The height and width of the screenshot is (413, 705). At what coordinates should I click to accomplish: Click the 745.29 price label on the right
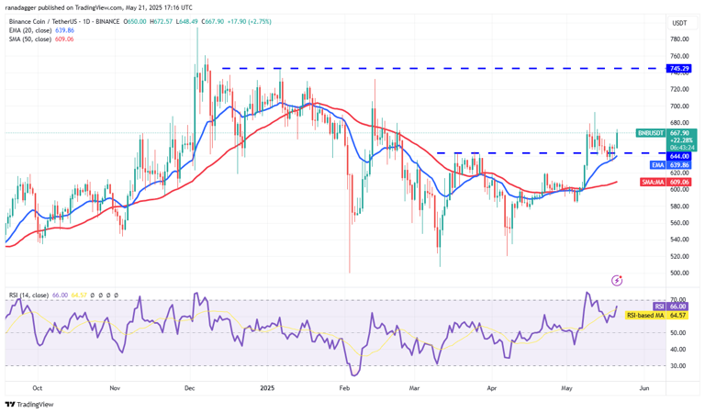pos(679,69)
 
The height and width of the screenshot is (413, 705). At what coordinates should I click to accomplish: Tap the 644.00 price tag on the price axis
pos(679,156)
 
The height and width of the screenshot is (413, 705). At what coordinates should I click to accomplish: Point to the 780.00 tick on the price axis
pos(679,39)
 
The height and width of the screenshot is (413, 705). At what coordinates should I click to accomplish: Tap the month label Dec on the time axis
pos(190,388)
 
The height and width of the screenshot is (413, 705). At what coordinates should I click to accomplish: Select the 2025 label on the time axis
pos(267,388)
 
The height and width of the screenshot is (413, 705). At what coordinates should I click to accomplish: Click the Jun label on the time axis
pos(643,388)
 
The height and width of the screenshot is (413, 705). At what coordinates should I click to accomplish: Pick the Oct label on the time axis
pos(37,388)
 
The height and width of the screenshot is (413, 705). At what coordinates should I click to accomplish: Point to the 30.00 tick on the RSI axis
pos(679,365)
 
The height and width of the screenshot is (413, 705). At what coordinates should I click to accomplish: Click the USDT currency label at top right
pos(679,23)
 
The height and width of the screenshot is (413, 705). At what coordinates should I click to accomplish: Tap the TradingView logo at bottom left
pos(29,404)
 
